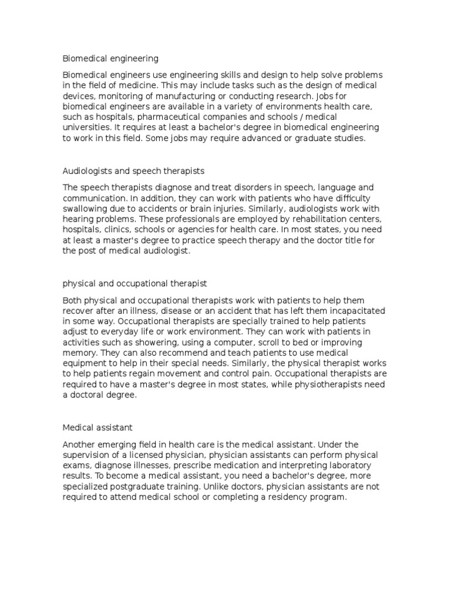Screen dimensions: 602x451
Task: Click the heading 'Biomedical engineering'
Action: pyautogui.click(x=110, y=59)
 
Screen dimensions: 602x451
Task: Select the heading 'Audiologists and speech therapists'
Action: pyautogui.click(x=133, y=171)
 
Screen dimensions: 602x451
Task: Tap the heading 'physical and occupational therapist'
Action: pyautogui.click(x=134, y=283)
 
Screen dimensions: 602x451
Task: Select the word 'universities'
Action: pyautogui.click(x=85, y=128)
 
